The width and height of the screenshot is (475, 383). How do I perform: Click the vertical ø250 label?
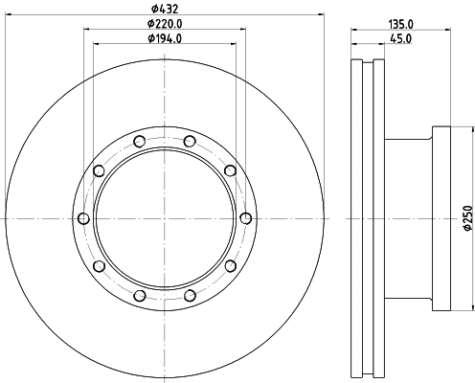(468, 219)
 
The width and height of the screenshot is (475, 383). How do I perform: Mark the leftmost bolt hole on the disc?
(83, 218)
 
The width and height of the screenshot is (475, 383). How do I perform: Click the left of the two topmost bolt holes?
(139, 143)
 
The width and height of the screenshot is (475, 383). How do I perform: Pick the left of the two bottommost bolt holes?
(139, 295)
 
